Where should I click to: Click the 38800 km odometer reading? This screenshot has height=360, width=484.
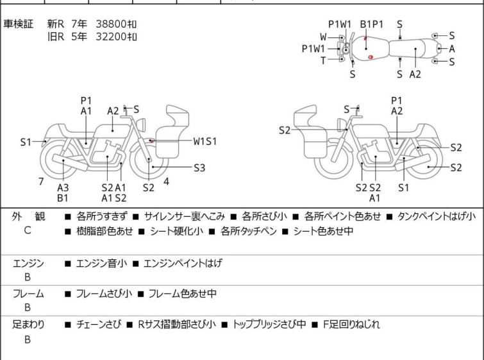tap(116, 24)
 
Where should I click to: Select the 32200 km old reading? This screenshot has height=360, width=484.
tap(116, 37)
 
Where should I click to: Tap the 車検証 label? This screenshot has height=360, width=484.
tap(19, 24)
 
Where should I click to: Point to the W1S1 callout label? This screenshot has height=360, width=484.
tap(205, 141)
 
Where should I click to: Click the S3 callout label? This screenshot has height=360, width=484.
tap(199, 168)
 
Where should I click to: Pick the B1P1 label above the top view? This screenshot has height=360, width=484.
tap(371, 24)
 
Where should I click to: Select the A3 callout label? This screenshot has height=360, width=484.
tap(63, 187)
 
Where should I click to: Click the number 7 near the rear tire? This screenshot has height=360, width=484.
tap(41, 182)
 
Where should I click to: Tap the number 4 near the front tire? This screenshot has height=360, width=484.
tap(166, 182)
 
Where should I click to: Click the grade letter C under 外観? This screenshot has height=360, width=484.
tap(28, 230)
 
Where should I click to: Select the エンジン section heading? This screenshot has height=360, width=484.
tap(29, 263)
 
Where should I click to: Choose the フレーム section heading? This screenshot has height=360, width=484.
tap(29, 294)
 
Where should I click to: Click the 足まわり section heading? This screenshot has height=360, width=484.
tap(29, 325)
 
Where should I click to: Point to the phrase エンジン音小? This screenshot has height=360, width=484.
tap(101, 263)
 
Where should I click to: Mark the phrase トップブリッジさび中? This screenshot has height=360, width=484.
tap(269, 325)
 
